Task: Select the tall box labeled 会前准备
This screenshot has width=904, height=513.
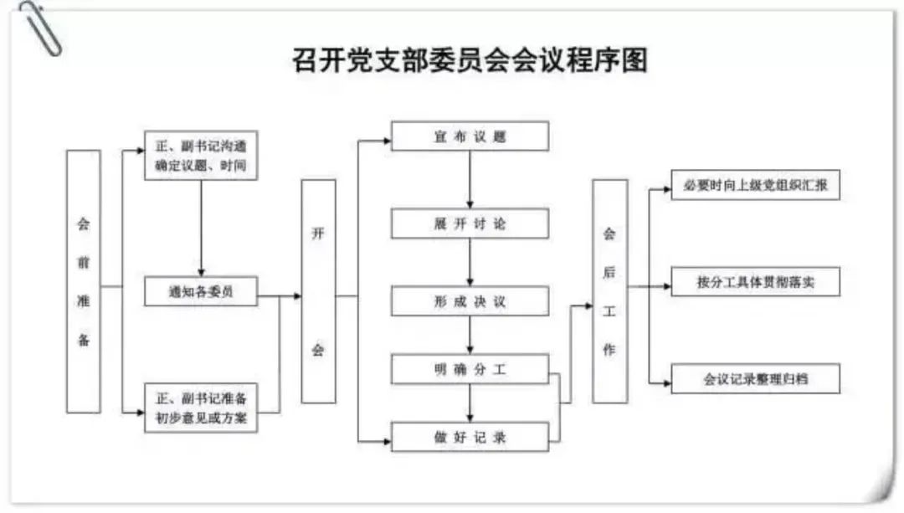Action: click(x=84, y=281)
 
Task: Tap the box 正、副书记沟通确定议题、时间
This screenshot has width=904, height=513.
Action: click(x=201, y=155)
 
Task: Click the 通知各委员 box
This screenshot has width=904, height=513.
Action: click(x=201, y=291)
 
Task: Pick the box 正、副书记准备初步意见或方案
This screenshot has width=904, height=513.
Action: click(x=201, y=407)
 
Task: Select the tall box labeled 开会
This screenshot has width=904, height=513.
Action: click(x=318, y=291)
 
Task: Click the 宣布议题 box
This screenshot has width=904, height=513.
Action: click(x=470, y=136)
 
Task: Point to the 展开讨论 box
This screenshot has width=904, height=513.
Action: click(x=470, y=223)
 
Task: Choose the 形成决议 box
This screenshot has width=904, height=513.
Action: click(x=470, y=301)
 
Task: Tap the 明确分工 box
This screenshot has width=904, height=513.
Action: click(x=470, y=369)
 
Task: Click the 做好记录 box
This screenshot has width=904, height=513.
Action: click(x=470, y=437)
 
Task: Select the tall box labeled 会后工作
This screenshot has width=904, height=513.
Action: click(x=609, y=291)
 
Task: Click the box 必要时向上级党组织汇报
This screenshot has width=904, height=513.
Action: click(x=755, y=185)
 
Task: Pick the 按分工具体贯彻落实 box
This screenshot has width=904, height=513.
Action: click(x=755, y=281)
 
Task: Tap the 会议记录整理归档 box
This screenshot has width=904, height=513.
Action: click(x=755, y=378)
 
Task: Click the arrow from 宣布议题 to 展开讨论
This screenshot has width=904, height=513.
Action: click(x=470, y=179)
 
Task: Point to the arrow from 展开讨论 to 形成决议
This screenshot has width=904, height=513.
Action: click(x=470, y=262)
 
